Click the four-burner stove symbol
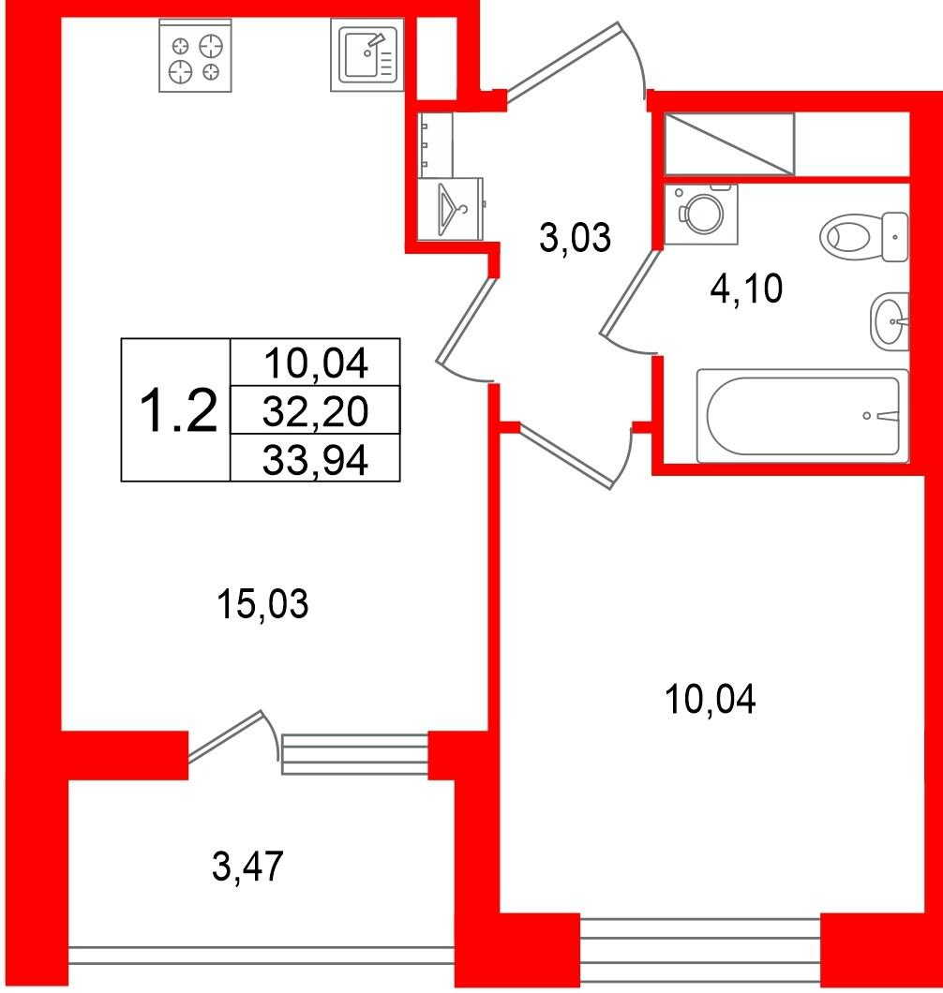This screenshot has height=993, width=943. pos(195,55)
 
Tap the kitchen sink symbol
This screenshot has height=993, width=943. pos(367,55)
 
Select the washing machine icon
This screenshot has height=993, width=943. pos(701,214)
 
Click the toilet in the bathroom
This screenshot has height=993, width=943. pos(864,236)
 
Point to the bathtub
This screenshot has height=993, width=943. pos(802,416)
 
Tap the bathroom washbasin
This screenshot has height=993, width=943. pos(890,321)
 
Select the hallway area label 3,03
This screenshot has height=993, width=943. pos(575,238)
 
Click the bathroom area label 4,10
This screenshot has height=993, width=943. pos(746,289)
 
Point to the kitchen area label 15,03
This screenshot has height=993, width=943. pos(262,603)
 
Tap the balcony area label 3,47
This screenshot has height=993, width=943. pos(247,867)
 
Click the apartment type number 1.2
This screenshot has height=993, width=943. pos(177,411)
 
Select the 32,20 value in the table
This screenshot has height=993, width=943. pos(315,411)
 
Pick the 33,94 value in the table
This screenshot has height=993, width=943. pos(315,460)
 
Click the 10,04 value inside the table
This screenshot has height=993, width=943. pos(316,363)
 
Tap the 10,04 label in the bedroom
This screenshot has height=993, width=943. pos(710,700)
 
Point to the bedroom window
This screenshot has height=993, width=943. pos(700,950)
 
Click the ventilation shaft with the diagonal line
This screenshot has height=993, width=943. pos(728,143)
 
